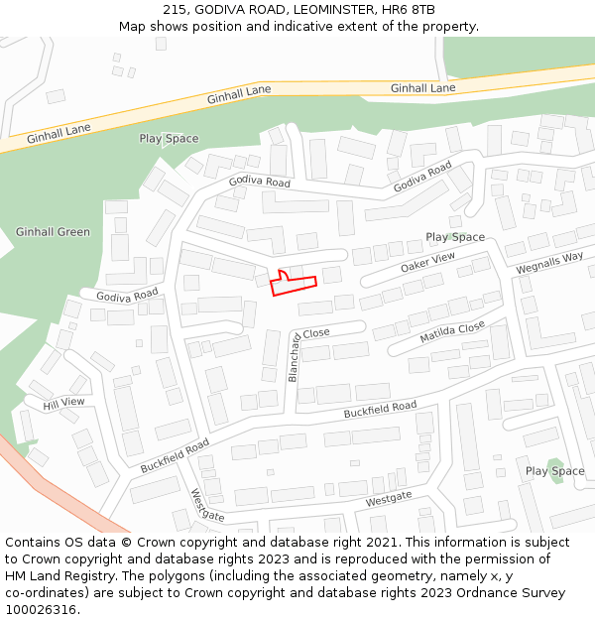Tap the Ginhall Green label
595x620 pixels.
pyautogui.click(x=53, y=232)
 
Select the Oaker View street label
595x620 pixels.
pyautogui.click(x=427, y=263)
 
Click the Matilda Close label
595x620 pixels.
pyautogui.click(x=452, y=332)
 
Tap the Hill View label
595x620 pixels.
pyautogui.click(x=63, y=403)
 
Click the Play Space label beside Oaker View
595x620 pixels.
pyautogui.click(x=455, y=237)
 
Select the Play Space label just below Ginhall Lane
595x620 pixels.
pyautogui.click(x=169, y=139)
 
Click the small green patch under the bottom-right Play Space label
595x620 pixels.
pyautogui.click(x=553, y=467)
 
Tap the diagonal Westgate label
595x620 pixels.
pyautogui.click(x=207, y=505)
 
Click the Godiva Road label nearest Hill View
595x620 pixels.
pyautogui.click(x=127, y=295)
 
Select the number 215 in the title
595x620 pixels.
pyautogui.click(x=175, y=9)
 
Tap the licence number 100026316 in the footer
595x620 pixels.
pyautogui.click(x=41, y=609)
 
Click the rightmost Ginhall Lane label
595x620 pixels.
pyautogui.click(x=422, y=88)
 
